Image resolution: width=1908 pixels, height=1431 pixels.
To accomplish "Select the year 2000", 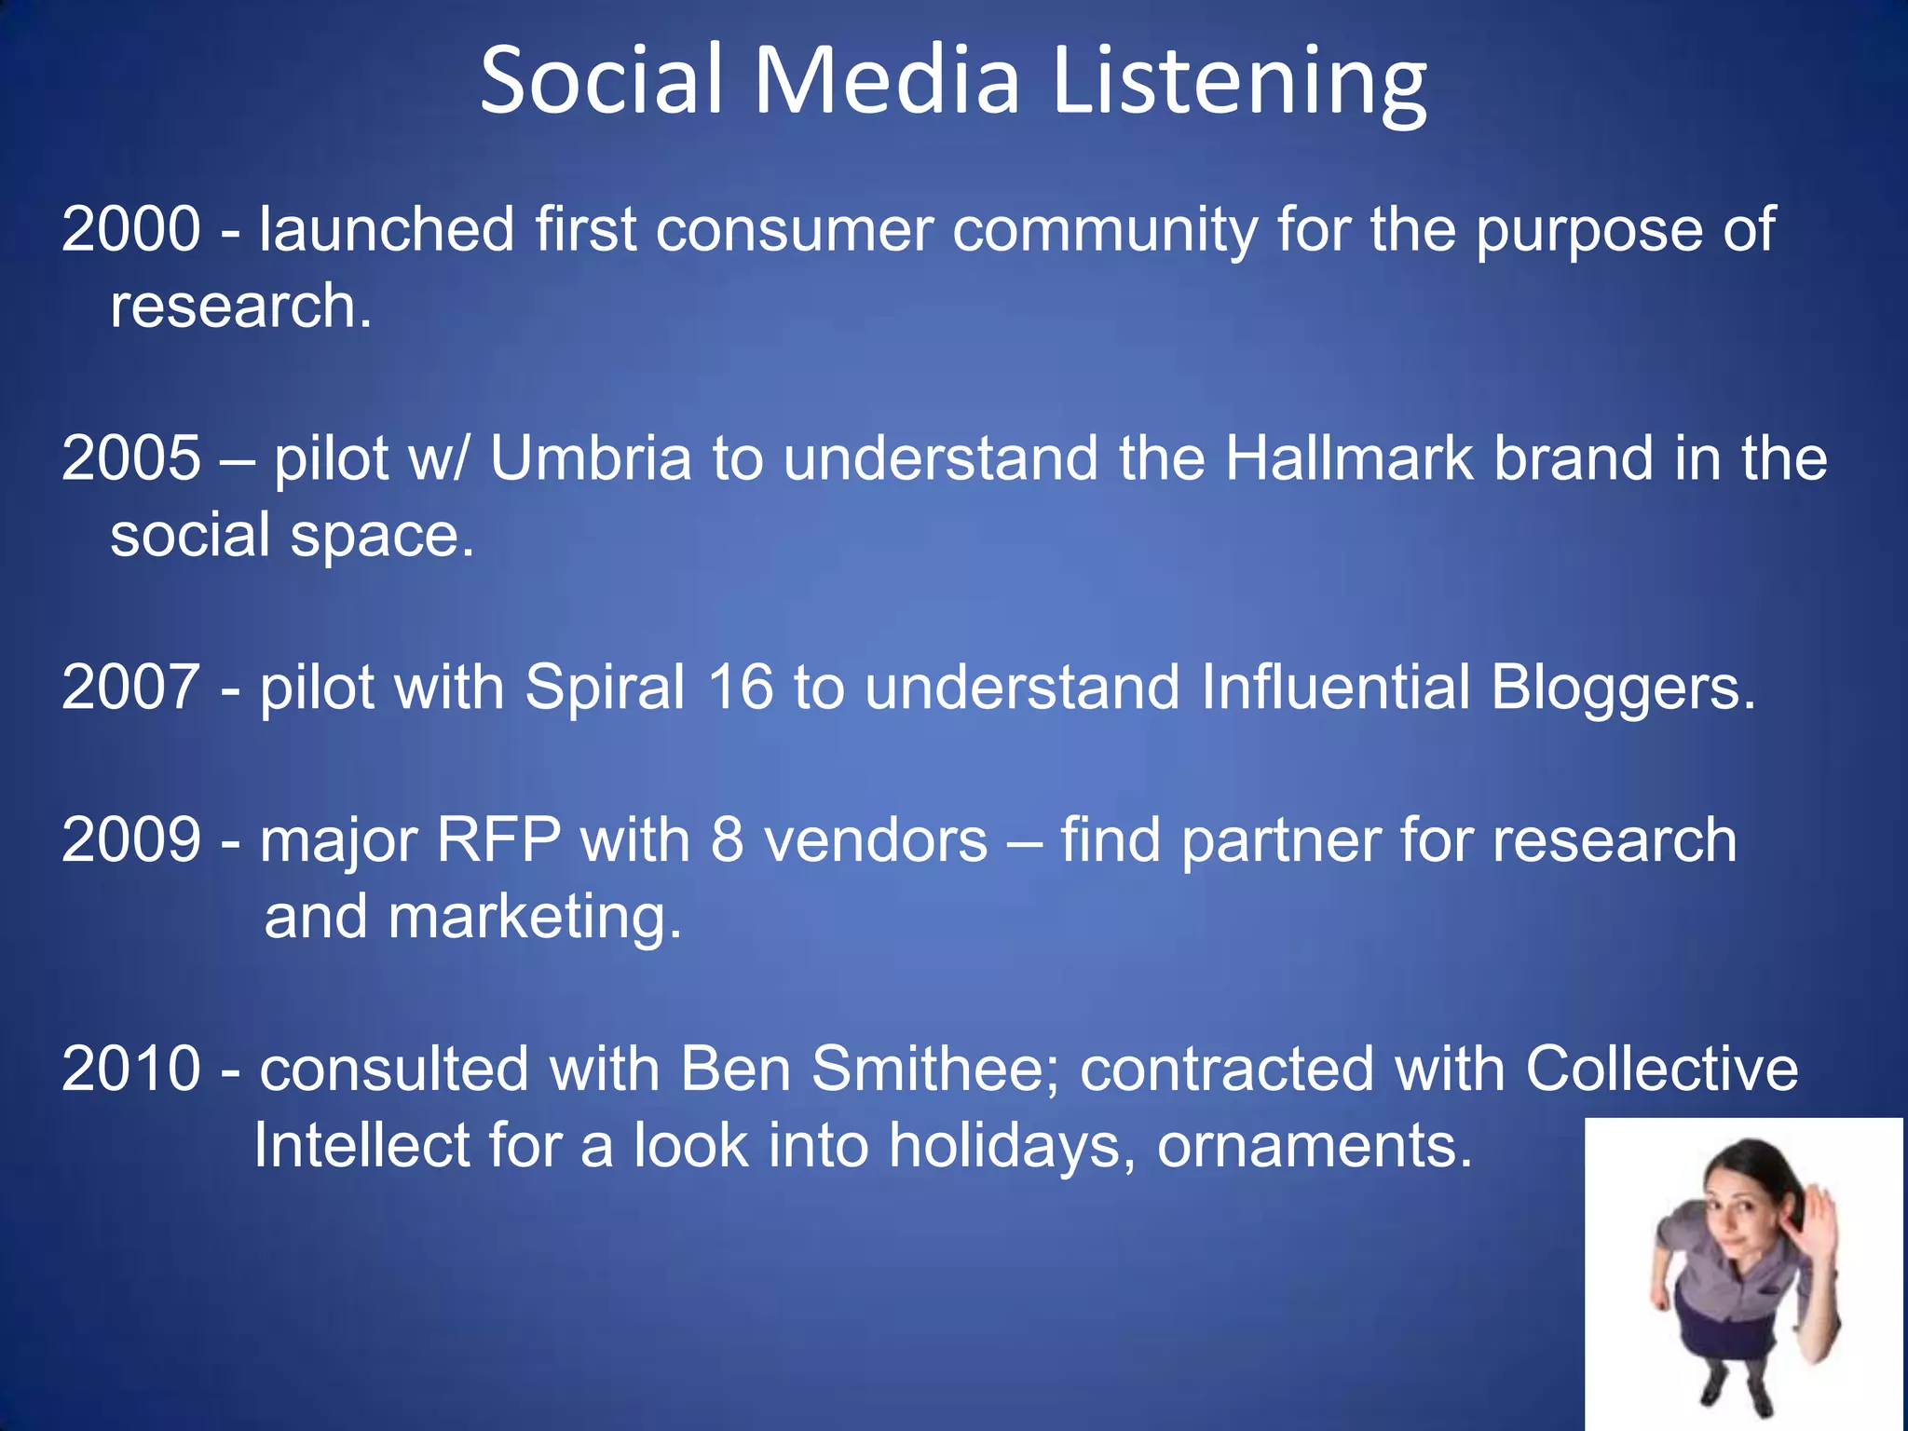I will [x=130, y=229].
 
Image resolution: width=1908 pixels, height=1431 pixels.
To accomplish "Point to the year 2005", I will [x=130, y=458].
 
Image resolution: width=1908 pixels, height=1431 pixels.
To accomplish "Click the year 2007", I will [x=130, y=688].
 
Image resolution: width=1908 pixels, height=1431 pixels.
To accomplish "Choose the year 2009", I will [x=130, y=840].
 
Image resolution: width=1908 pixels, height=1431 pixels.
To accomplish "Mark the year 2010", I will [x=130, y=1069].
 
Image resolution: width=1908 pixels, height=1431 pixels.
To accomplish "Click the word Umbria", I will [x=591, y=458].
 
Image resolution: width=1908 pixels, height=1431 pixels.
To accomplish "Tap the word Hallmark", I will [x=1349, y=458].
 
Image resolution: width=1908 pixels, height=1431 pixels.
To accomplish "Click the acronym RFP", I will [x=498, y=840].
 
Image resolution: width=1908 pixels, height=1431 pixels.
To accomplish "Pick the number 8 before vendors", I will [x=727, y=840].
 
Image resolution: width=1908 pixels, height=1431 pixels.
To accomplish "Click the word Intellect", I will [x=361, y=1145].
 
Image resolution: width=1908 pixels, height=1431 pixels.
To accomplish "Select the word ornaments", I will [x=1314, y=1147].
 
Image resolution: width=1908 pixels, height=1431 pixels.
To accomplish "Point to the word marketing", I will [x=535, y=919].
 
